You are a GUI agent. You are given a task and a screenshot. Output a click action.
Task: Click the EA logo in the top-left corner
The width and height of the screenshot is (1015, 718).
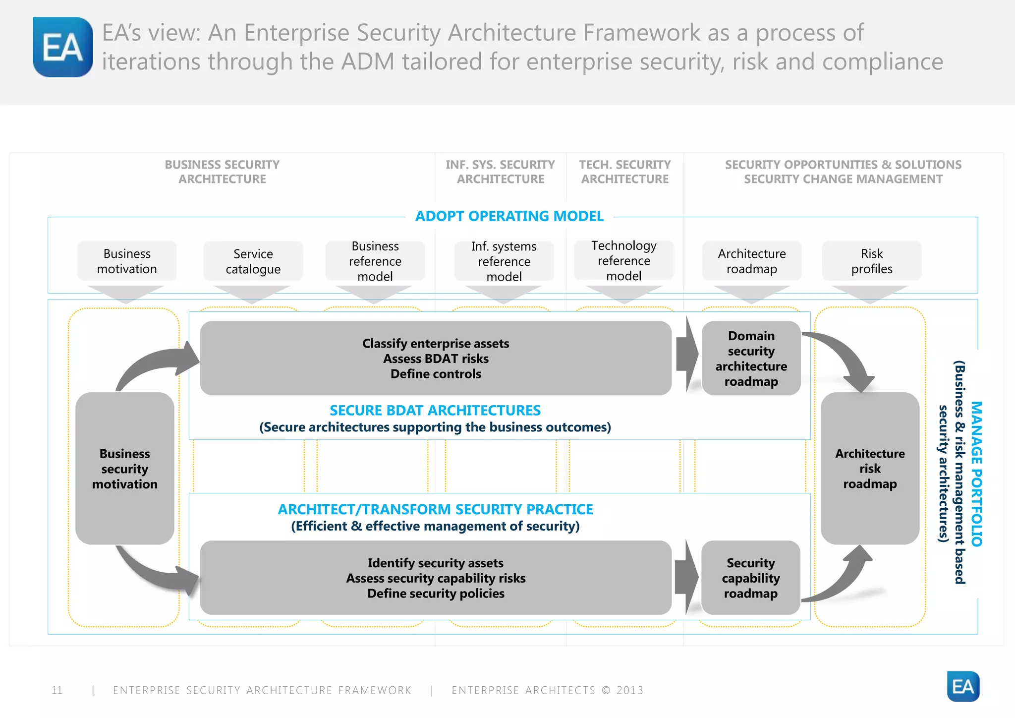(x=62, y=47)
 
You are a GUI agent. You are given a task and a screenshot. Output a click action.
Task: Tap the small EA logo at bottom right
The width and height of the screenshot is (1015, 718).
(x=962, y=686)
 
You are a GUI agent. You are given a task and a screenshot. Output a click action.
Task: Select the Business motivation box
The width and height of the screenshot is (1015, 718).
(x=127, y=261)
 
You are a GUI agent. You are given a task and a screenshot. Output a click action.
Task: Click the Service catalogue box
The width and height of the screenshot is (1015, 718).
(x=253, y=261)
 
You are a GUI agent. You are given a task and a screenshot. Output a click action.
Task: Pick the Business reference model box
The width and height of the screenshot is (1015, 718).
(x=375, y=261)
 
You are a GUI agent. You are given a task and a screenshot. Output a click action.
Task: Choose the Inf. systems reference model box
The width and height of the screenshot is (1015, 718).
(x=504, y=261)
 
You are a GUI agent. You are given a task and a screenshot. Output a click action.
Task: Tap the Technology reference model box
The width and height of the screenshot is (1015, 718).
(x=624, y=261)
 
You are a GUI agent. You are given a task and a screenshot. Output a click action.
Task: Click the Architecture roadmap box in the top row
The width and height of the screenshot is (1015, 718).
(x=751, y=261)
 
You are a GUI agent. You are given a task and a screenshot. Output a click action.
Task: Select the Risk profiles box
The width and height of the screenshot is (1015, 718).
(x=872, y=261)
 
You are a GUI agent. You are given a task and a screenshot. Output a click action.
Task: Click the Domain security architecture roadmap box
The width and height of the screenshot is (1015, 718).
(x=751, y=359)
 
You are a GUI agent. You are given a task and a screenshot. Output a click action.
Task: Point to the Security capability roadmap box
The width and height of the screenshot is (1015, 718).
(x=750, y=578)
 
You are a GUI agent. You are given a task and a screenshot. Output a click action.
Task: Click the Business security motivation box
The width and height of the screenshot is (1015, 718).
(x=125, y=469)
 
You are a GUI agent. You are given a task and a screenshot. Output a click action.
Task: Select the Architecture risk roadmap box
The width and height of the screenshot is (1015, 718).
(x=870, y=469)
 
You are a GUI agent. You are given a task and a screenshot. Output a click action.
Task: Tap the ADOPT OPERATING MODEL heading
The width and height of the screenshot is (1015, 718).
(x=509, y=216)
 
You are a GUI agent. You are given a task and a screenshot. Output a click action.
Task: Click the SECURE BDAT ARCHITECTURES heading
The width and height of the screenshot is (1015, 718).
(x=435, y=411)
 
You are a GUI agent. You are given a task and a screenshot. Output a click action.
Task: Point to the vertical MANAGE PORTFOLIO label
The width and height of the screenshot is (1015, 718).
(x=976, y=474)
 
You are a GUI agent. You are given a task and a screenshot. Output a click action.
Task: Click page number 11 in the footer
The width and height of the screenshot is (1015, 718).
(x=57, y=690)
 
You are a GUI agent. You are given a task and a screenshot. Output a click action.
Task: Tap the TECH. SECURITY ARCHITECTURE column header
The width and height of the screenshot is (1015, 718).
(x=624, y=172)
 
